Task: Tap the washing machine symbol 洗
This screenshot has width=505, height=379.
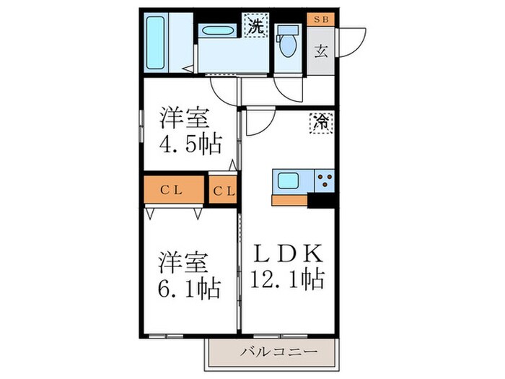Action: (255, 27)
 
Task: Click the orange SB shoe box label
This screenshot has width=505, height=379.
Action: (320, 19)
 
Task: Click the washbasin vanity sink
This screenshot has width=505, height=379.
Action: (216, 32)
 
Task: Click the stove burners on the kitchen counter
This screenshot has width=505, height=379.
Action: (324, 180)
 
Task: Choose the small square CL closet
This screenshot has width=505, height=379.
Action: (222, 191)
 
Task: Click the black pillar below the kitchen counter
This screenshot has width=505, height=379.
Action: (320, 201)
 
